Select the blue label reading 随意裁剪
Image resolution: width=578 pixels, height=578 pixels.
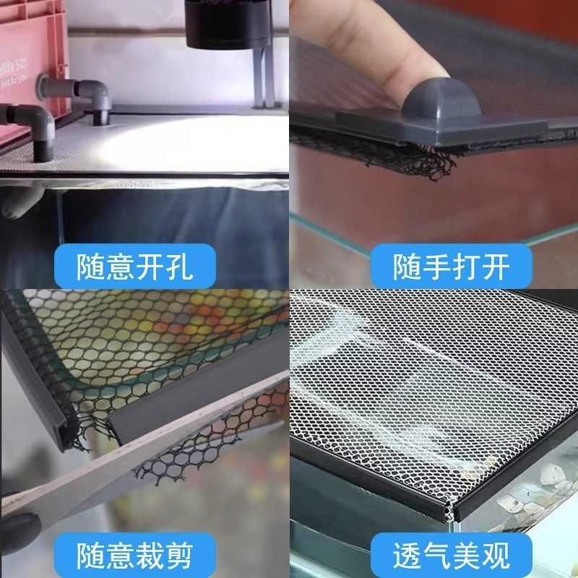coord(135,555)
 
